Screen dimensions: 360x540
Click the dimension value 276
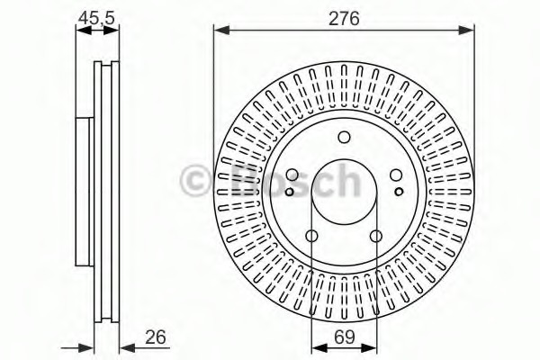click(x=343, y=18)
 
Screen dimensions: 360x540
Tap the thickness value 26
click(x=156, y=339)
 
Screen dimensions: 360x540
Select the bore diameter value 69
click(x=343, y=339)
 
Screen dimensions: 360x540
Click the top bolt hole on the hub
click(x=343, y=138)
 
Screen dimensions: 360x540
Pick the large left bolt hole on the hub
click(x=292, y=176)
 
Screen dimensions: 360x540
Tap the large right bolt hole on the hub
click(x=395, y=176)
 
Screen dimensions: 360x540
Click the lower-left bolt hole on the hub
click(x=311, y=237)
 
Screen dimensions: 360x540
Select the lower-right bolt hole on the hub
click(x=374, y=237)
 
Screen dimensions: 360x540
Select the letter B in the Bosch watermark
click(x=237, y=180)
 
